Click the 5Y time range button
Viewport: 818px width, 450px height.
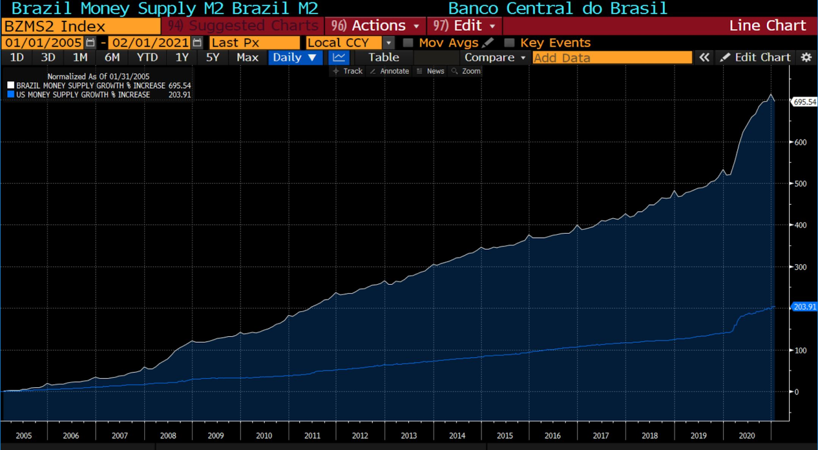tap(212, 58)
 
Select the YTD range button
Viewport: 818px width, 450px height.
tap(147, 58)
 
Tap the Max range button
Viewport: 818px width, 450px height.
tap(247, 58)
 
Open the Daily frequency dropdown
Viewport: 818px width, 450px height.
tap(294, 58)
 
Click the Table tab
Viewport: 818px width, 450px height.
tap(383, 58)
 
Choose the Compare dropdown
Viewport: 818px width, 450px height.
tap(494, 58)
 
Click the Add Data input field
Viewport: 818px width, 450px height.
tap(611, 58)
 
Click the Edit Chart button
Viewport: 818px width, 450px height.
tap(756, 58)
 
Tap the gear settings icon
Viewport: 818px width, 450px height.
tap(806, 58)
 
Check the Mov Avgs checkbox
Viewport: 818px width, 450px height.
tap(408, 43)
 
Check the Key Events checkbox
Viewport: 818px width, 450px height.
tap(509, 43)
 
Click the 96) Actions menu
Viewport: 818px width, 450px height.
tap(375, 26)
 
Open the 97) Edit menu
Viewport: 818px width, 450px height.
tap(464, 26)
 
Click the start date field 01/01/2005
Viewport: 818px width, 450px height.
tap(43, 43)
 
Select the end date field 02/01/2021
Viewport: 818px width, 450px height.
tap(150, 43)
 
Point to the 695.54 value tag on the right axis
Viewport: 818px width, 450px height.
tap(805, 102)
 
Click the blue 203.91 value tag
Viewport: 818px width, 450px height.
tap(805, 307)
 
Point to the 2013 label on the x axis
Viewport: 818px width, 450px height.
tap(408, 436)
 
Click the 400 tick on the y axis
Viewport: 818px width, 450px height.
tap(800, 225)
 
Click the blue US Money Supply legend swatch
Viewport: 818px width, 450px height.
tap(11, 94)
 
